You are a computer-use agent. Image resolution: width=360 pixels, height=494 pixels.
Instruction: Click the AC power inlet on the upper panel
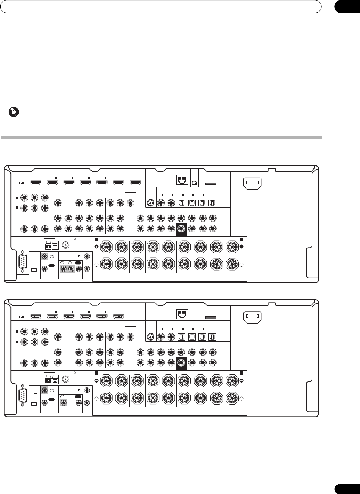point(252,183)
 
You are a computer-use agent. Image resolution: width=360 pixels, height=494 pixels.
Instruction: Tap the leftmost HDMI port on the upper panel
point(36,183)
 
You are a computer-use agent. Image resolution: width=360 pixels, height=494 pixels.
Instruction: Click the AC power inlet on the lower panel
point(252,317)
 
